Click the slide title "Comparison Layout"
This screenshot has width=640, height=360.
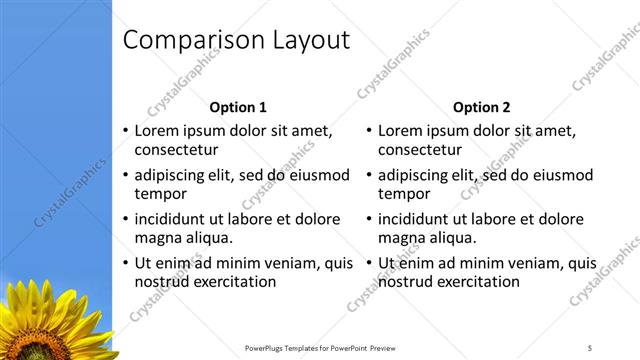(235, 40)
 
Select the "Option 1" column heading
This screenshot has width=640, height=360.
(238, 107)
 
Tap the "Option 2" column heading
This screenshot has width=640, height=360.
(481, 107)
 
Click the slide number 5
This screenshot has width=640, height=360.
(590, 348)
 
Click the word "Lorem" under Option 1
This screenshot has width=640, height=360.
(157, 131)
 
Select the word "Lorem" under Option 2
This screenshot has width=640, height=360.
(401, 131)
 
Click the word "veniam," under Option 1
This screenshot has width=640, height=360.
(290, 263)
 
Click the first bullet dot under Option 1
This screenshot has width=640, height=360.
(125, 132)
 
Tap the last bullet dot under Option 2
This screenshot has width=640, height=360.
(369, 264)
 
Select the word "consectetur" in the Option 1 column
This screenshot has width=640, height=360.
(176, 150)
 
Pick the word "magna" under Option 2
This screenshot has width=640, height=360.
(402, 238)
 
